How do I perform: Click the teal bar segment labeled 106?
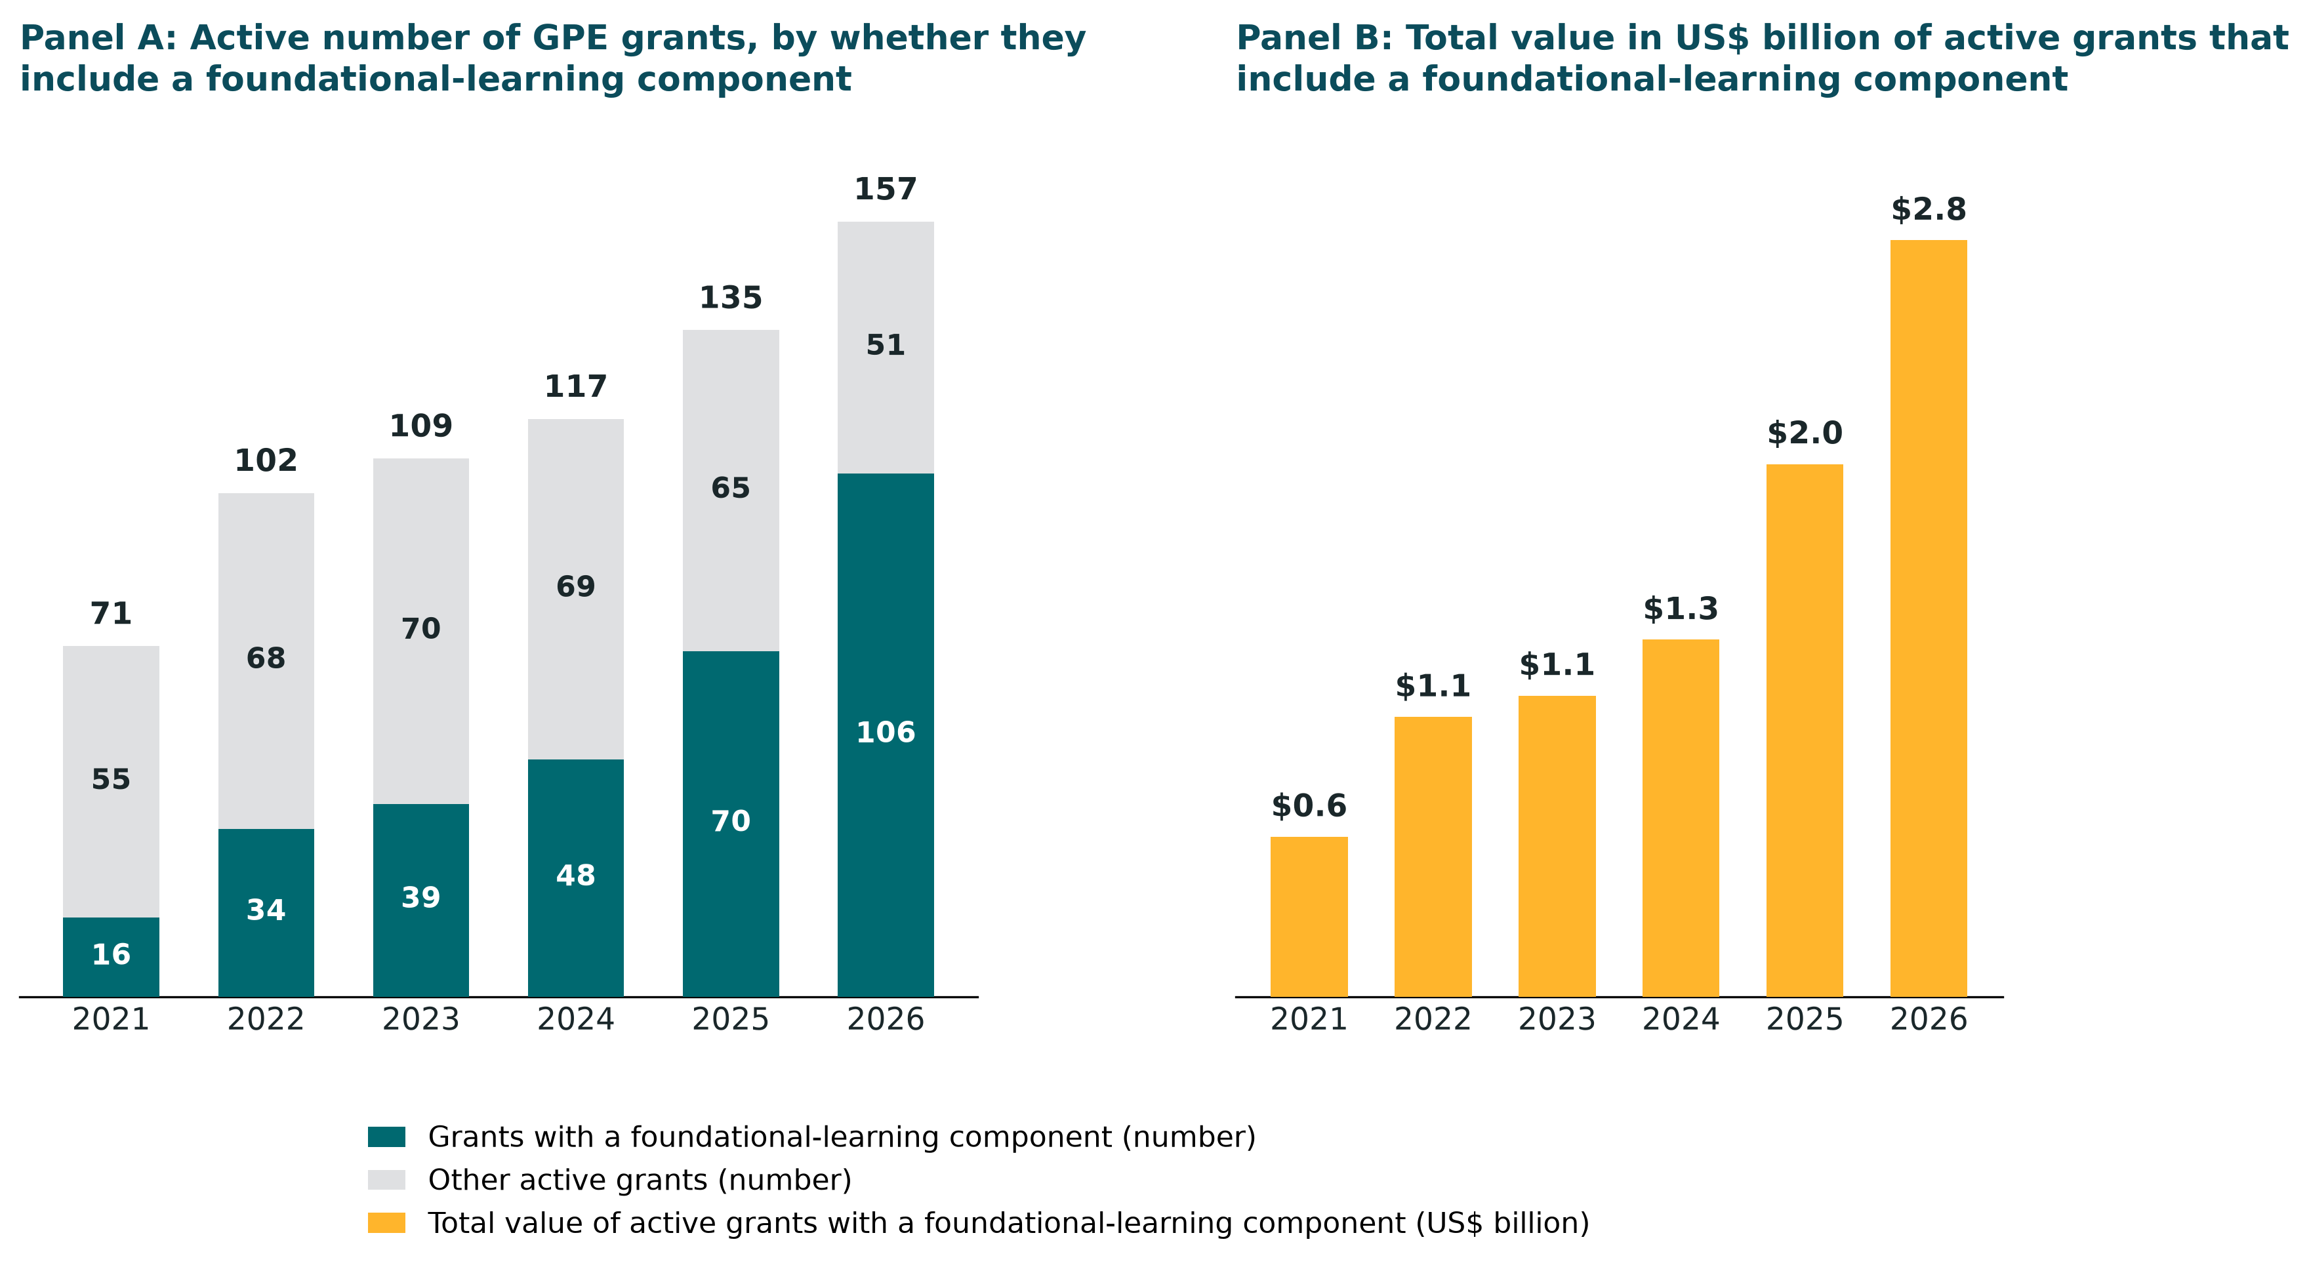pos(886,734)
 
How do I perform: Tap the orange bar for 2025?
pos(1805,730)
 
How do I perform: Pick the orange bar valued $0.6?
pos(1309,916)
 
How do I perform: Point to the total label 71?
pos(111,614)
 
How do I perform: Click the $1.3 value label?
pos(1681,609)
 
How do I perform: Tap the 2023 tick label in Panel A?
pos(421,1020)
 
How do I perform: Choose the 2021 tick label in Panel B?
pos(1309,1020)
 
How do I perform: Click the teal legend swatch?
pos(386,1137)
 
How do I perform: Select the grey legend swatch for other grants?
pos(386,1180)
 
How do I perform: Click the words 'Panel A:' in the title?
pos(98,39)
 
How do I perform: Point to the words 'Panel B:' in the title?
pos(1315,39)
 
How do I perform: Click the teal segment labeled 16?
pos(111,956)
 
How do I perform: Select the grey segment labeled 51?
pos(886,348)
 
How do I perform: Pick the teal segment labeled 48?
pos(575,878)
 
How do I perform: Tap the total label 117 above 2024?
pos(575,387)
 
